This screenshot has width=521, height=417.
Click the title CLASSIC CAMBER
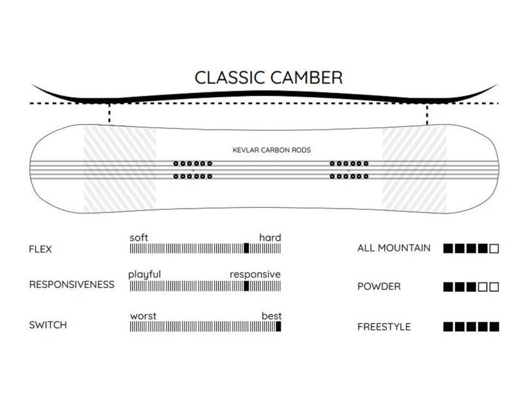pos(268,77)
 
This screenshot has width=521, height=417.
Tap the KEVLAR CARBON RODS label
pos(272,150)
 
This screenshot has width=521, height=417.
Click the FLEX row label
pos(40,249)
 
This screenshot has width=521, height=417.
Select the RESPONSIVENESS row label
pos(72,285)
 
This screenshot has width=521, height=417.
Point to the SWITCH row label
pos(48,324)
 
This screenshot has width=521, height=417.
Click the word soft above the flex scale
pos(139,237)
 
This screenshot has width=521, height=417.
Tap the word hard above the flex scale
pos(270,237)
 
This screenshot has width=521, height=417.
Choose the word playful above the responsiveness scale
pos(145,274)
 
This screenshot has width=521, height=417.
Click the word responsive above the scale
pos(255,274)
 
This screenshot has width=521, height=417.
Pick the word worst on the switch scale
pos(143,316)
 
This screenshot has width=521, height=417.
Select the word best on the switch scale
pos(272,316)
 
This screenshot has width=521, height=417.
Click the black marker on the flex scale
pos(246,248)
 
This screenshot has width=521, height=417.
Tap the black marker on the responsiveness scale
pos(246,285)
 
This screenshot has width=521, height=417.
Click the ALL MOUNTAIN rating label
pos(393,248)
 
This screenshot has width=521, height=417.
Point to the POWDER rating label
pos(379,287)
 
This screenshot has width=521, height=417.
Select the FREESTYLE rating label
pos(384,326)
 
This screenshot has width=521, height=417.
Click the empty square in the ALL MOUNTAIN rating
pos(494,248)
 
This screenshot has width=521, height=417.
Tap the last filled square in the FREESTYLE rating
pos(494,326)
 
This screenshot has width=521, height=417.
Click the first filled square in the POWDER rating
pos(448,287)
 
